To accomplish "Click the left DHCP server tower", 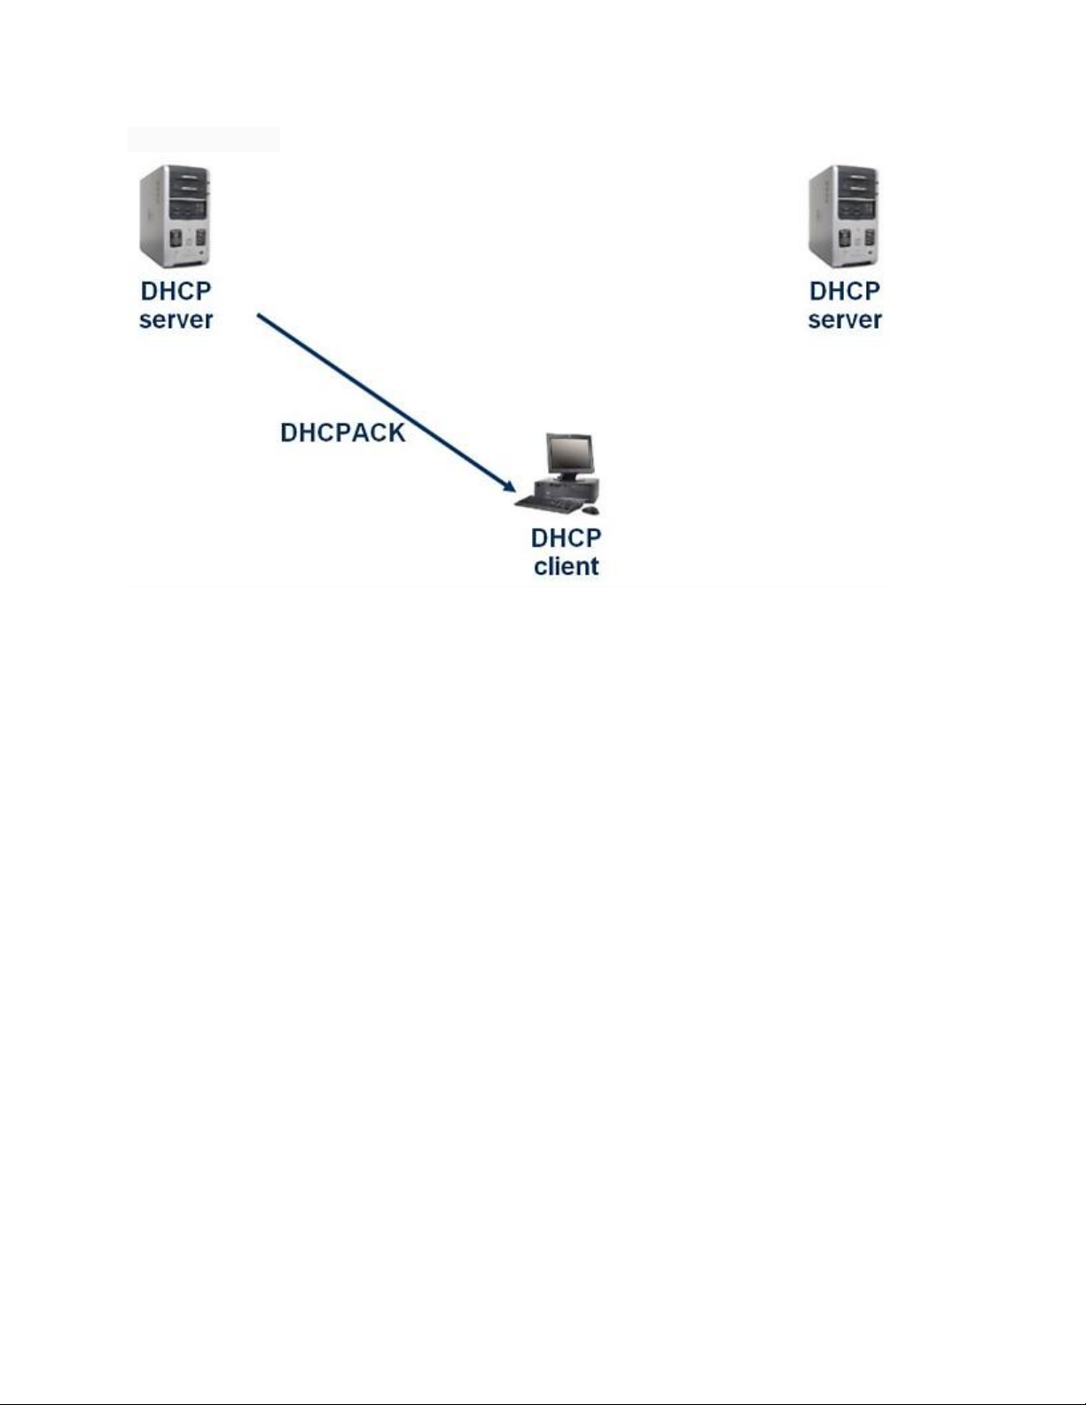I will (x=175, y=217).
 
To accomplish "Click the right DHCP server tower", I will (x=843, y=217).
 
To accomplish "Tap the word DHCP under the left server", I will (x=176, y=292).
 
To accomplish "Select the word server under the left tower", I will (x=176, y=320).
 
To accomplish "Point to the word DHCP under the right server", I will (x=844, y=292).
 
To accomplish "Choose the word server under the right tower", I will (x=844, y=320).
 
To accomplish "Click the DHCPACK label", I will (x=342, y=433).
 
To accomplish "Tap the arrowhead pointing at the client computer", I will (x=509, y=485).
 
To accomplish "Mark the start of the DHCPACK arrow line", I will (x=259, y=314).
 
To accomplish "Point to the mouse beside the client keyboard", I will (x=590, y=510).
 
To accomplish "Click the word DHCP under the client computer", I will (x=566, y=538).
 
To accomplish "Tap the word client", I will (x=566, y=566).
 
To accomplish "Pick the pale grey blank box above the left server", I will (x=203, y=139).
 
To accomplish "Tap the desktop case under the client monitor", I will (x=567, y=488).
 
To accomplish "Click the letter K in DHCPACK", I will (x=395, y=433).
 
